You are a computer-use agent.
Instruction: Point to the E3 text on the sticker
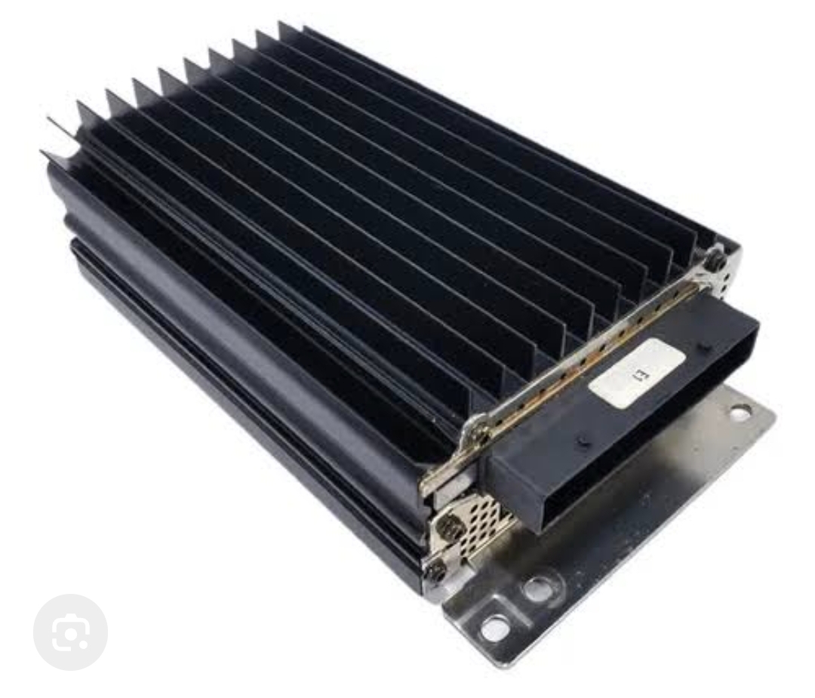pos(638,373)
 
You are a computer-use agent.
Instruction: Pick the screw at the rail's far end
pos(719,257)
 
